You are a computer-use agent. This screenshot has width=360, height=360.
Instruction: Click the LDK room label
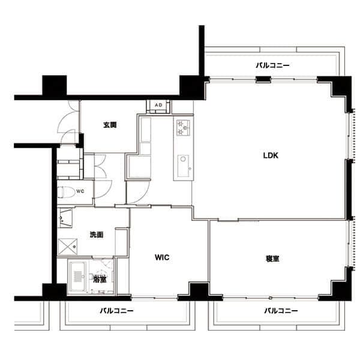point(271,155)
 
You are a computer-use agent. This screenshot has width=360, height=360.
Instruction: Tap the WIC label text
point(162,257)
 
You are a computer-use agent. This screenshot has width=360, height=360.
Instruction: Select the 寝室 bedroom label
point(272,259)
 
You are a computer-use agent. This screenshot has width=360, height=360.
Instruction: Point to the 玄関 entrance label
point(110,125)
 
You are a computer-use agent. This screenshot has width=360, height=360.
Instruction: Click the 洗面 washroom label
point(97,235)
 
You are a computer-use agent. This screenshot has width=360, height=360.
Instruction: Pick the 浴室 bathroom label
point(100,280)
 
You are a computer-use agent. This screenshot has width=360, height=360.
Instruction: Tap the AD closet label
point(158,105)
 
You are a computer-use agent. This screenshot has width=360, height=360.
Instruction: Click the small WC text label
point(80,191)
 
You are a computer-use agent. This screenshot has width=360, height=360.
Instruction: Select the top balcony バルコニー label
point(273,65)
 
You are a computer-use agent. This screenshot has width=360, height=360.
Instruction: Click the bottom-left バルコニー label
point(116,311)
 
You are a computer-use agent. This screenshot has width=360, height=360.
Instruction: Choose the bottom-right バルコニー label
point(281,311)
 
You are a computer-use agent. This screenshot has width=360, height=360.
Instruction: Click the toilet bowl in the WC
point(66,192)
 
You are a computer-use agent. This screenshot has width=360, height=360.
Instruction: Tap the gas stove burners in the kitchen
point(184,128)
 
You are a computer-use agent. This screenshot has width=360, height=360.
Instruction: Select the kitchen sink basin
point(183,166)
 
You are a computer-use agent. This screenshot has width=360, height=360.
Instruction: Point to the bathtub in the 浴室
point(78,277)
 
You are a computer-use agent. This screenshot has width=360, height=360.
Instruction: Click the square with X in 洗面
point(67,247)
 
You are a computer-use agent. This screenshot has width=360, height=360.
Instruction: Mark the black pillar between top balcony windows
point(263,79)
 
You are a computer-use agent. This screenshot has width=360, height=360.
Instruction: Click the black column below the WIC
point(199,292)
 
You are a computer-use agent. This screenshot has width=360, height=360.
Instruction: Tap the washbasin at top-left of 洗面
point(65,218)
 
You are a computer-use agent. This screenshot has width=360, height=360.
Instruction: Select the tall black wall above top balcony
point(202,50)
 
